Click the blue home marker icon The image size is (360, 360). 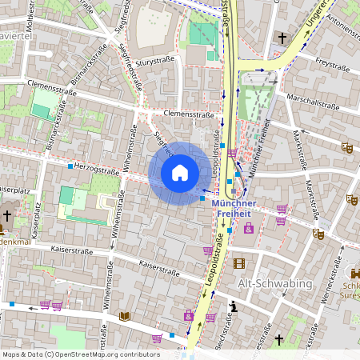pos(180,173)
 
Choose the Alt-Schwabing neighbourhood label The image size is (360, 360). pos(269,283)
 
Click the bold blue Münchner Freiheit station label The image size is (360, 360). pos(242,208)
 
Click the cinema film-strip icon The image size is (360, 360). pos(238,263)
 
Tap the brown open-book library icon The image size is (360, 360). pos(124,316)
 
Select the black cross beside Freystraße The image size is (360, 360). pos(282,38)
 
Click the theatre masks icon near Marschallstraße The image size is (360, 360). pos(346,148)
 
